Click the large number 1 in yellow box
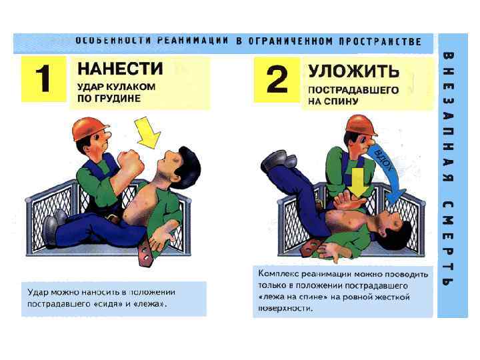(43, 79)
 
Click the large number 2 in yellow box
(277, 79)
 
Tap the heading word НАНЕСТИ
(120, 69)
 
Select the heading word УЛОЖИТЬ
(354, 71)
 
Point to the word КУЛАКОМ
(131, 87)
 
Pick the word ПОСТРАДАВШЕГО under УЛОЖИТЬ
(353, 90)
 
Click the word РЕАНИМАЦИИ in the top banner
(193, 41)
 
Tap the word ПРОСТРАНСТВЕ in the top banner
(380, 41)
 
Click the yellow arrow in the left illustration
(148, 132)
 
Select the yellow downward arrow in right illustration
(359, 183)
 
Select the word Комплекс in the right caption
(278, 274)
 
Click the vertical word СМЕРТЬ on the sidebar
(448, 243)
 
